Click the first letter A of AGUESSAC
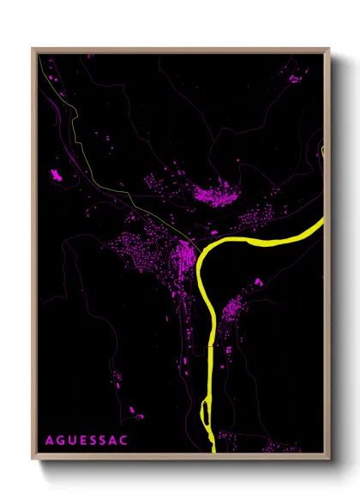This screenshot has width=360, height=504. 48,440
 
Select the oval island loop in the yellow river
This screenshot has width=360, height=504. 206,412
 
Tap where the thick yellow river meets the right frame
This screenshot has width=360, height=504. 323,222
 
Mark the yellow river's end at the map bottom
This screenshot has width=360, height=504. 208,452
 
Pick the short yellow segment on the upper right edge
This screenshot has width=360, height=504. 323,153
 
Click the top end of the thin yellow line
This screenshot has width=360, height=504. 39,57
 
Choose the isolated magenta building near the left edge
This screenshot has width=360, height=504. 57,176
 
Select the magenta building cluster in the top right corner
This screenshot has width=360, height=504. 293,78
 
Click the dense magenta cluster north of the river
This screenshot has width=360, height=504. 214,195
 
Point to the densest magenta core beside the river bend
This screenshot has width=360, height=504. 184,255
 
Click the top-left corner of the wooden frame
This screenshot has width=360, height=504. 33,49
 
